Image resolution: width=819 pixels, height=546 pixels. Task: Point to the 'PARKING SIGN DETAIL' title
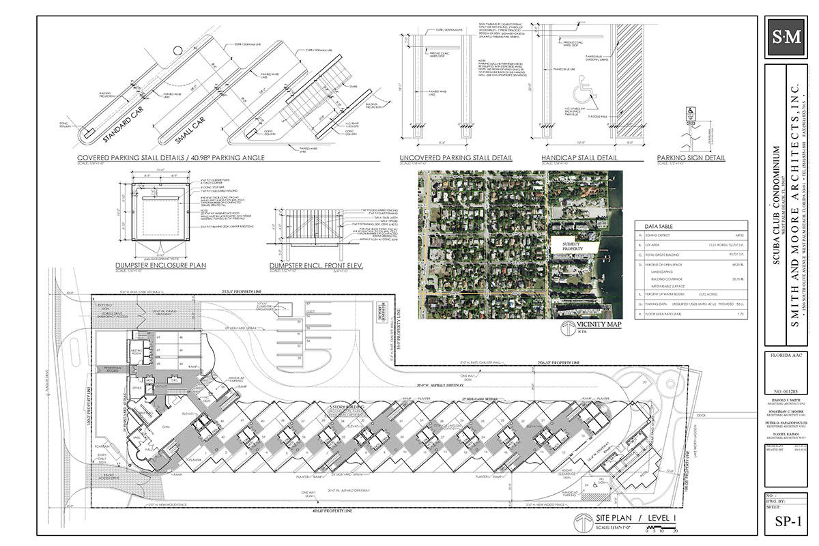pyautogui.click(x=691, y=158)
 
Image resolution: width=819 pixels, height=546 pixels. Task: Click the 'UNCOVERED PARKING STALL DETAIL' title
pyautogui.click(x=456, y=158)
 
